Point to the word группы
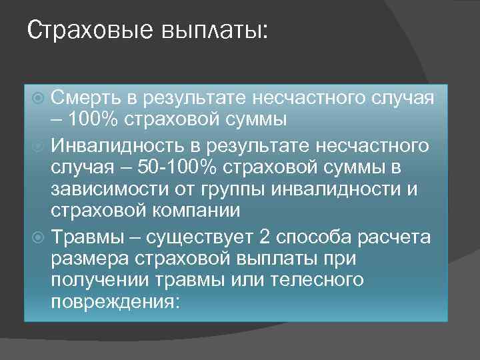pyautogui.click(x=235, y=189)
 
